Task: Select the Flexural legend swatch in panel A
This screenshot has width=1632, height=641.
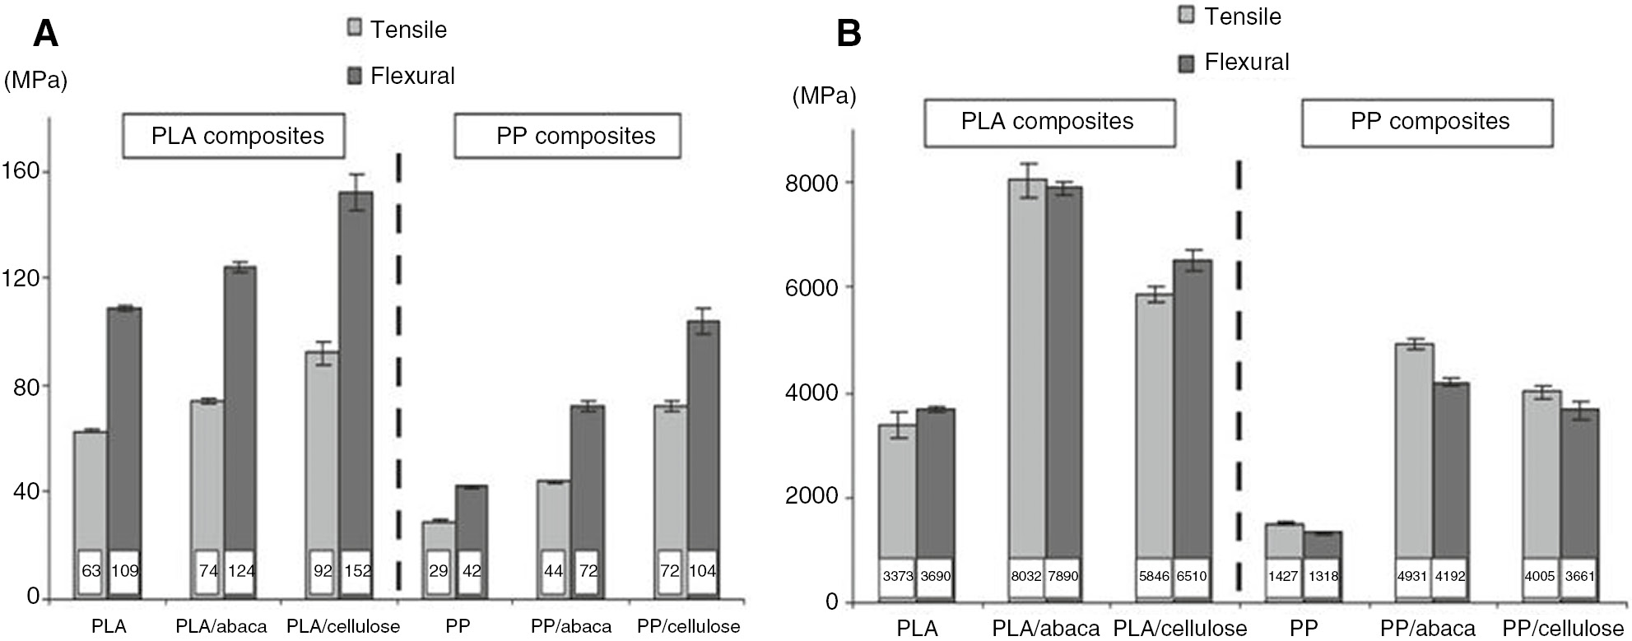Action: coord(355,77)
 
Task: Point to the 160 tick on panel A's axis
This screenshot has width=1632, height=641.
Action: coord(22,171)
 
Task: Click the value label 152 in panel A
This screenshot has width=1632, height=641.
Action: coord(357,570)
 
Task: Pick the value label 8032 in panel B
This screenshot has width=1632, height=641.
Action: coord(1026,576)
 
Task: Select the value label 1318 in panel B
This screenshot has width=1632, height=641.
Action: coord(1323,576)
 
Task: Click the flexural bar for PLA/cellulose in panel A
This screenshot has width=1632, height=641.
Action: coord(356,370)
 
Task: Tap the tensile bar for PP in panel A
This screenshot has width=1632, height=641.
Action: coord(439,536)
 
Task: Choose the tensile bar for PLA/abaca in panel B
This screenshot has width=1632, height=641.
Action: coord(1027,370)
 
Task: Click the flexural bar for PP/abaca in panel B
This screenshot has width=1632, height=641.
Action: coord(1450,469)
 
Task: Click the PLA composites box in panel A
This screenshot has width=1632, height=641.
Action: coord(237,136)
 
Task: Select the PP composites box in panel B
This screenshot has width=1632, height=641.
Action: coord(1429,122)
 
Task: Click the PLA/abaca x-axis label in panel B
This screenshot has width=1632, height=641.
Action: coord(1045,629)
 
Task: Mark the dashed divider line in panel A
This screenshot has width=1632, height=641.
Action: coord(398,370)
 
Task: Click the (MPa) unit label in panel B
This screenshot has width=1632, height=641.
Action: coord(824,96)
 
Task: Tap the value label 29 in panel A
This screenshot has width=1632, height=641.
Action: coord(439,570)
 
